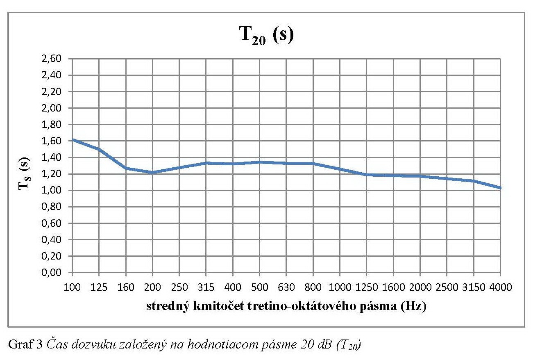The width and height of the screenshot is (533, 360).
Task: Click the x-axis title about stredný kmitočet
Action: click(286, 307)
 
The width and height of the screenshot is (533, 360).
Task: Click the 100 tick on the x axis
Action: click(72, 287)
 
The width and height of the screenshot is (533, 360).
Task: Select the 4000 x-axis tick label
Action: click(500, 287)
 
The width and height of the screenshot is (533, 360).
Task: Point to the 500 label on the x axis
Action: click(259, 287)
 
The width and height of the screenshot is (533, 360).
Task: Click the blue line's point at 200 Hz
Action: click(152, 173)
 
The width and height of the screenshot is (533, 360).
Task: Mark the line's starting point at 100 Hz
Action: click(73, 139)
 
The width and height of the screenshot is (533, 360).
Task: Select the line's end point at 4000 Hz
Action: click(500, 188)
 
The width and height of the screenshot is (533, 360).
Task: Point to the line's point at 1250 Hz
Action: click(366, 175)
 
